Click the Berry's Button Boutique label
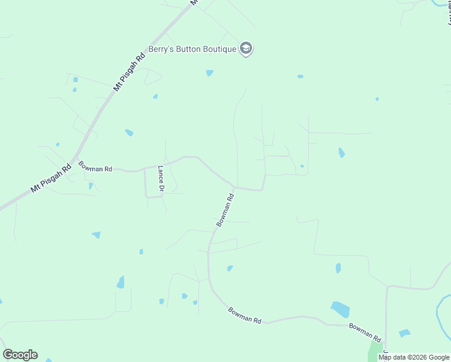193,49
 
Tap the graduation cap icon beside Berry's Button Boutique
246,48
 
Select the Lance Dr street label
161,179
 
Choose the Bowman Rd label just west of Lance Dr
95,167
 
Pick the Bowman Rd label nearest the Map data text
365,332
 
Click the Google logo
20,355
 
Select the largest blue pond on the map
340,310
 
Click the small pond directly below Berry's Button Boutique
209,73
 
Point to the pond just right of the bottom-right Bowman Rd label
404,333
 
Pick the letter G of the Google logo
7,355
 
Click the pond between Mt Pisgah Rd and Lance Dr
128,133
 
